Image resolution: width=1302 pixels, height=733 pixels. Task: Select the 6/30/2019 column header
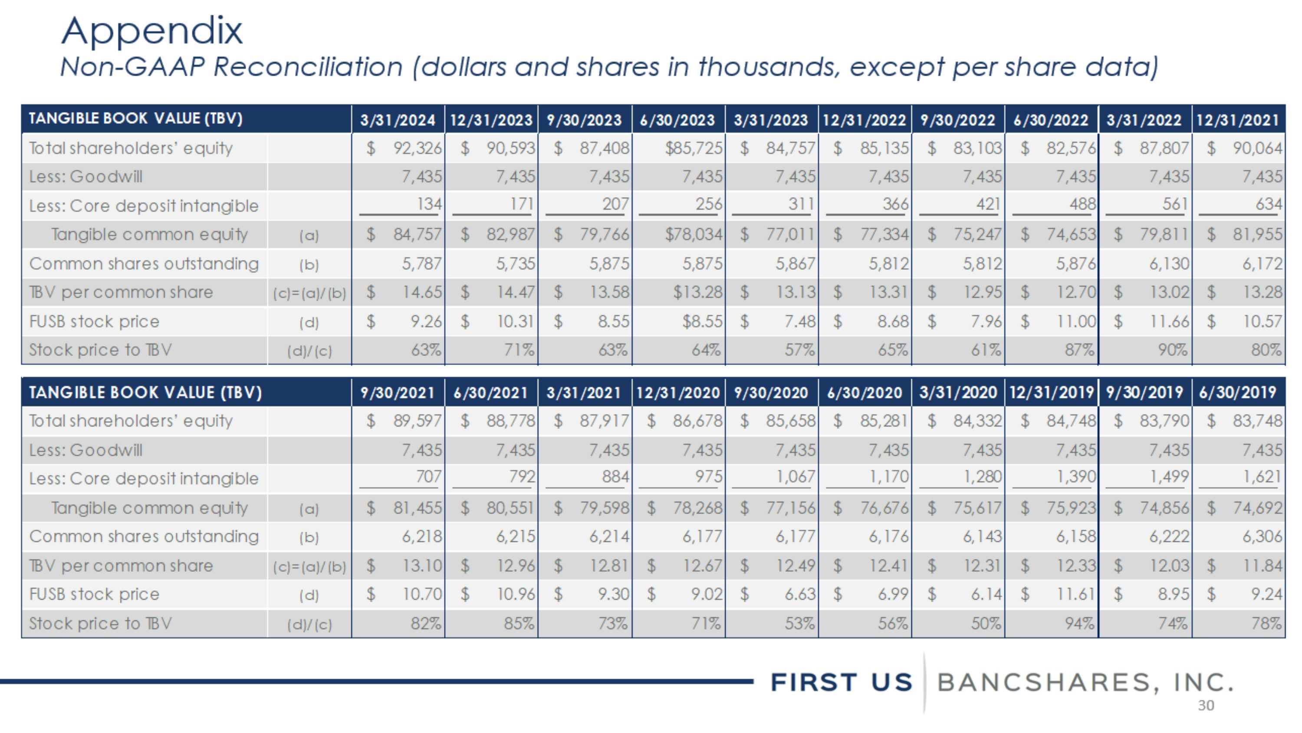click(x=1238, y=392)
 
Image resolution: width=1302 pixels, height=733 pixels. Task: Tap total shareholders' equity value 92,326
click(x=418, y=148)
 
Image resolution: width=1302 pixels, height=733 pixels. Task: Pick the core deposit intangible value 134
click(x=429, y=204)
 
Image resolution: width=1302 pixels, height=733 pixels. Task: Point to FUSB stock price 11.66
click(x=1170, y=321)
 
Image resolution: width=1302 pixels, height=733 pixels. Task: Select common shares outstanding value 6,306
click(x=1263, y=536)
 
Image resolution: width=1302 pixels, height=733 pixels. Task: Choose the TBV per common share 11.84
click(x=1263, y=566)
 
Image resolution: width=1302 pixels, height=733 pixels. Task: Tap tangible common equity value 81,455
click(x=418, y=508)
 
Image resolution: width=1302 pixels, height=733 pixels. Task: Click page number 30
click(x=1206, y=706)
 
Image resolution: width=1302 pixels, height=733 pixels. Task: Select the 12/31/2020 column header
click(x=678, y=392)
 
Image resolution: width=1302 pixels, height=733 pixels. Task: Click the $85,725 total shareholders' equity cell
click(x=694, y=148)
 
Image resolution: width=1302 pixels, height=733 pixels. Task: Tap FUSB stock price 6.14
click(x=986, y=594)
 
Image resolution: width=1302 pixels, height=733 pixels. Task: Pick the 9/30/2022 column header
click(x=958, y=120)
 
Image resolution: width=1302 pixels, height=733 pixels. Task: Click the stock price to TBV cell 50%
click(x=986, y=623)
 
